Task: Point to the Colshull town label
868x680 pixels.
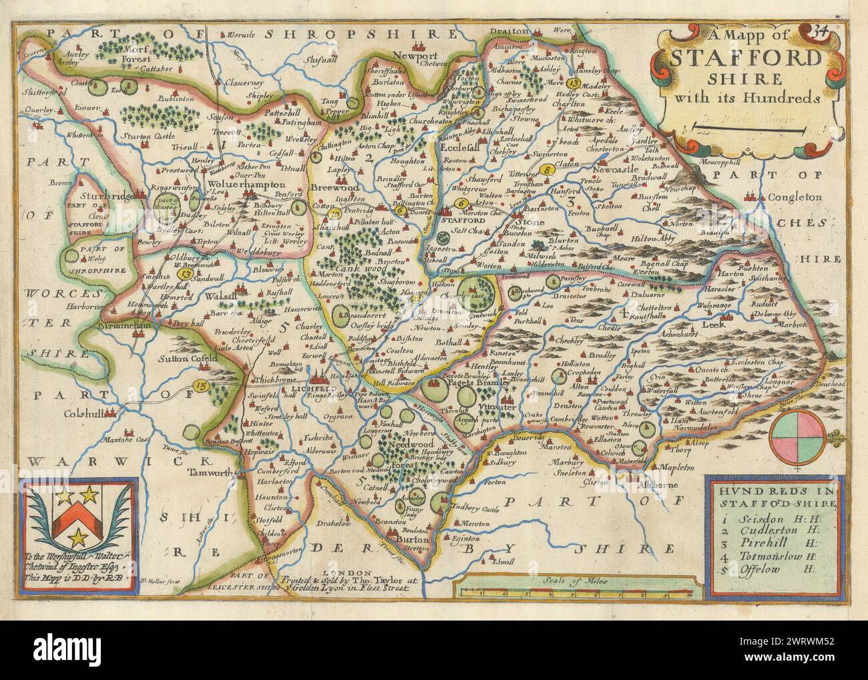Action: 93,414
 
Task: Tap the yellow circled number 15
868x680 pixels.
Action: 200,385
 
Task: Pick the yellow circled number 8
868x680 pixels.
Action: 548,170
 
